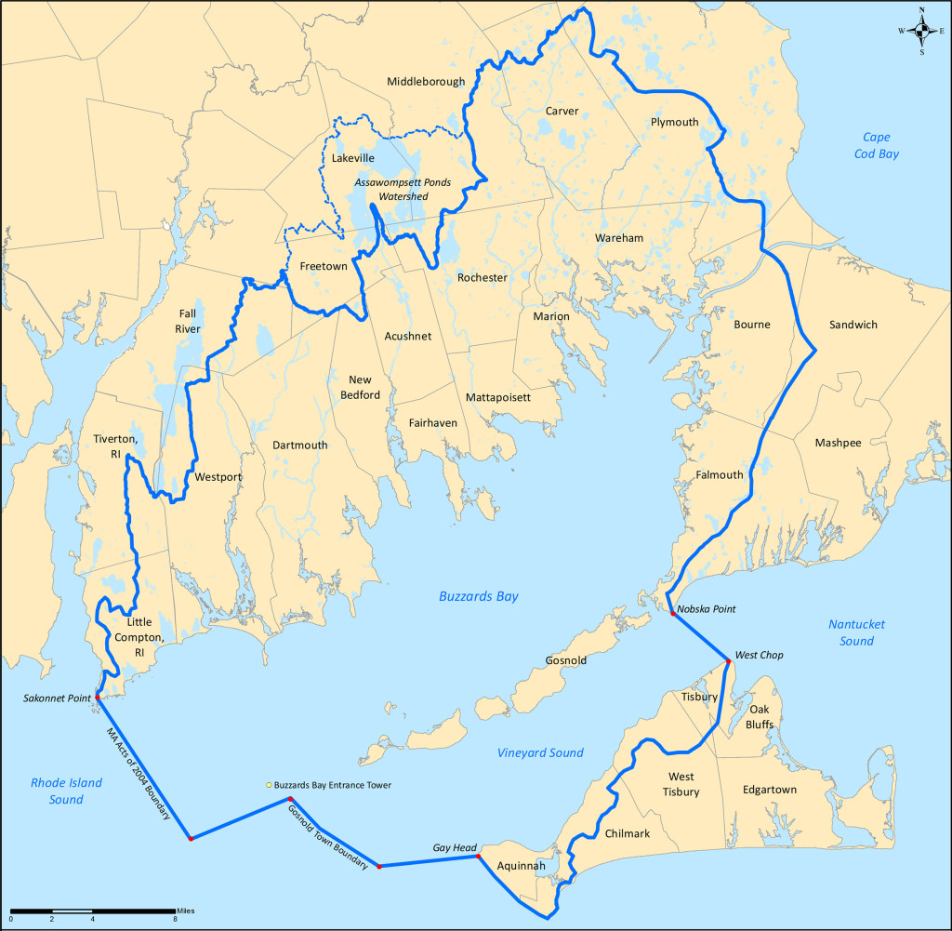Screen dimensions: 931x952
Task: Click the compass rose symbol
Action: point(921,31)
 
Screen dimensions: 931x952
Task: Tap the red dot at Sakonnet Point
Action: point(98,697)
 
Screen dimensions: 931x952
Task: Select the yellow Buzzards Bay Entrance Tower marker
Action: point(269,785)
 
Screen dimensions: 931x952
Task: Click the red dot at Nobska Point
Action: point(673,613)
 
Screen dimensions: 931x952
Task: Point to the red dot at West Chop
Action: point(727,660)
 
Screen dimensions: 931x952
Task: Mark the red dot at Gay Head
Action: point(479,856)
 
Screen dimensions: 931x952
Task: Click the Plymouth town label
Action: point(674,122)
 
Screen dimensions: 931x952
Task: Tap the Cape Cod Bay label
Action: point(879,145)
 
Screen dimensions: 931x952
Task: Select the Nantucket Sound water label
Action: point(856,632)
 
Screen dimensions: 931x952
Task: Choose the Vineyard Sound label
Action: point(540,752)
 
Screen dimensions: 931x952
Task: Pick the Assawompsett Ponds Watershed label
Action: point(403,190)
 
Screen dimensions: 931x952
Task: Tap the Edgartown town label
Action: point(770,790)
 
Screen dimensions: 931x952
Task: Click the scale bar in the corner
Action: point(93,909)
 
